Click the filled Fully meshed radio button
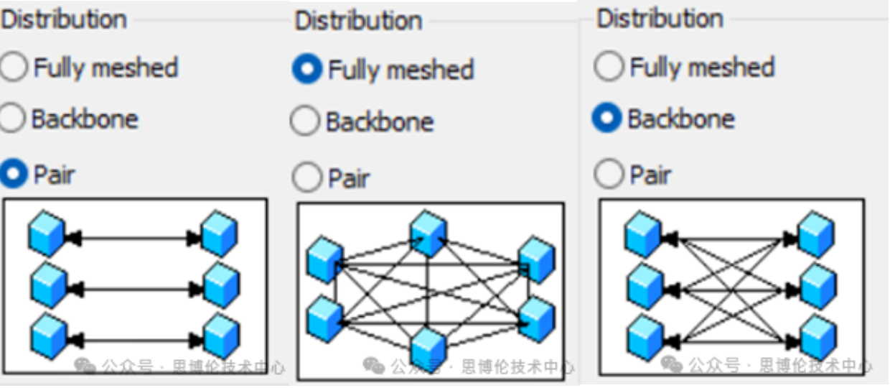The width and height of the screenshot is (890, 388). tap(307, 69)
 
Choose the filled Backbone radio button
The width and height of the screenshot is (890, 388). tap(607, 119)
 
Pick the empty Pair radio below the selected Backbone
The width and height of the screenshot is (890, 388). tap(608, 174)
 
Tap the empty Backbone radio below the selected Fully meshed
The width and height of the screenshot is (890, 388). tap(304, 121)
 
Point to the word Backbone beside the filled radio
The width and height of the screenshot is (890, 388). tap(680, 119)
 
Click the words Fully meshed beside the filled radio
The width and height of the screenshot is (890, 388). tap(400, 70)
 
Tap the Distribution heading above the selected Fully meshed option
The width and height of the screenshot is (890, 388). tap(358, 21)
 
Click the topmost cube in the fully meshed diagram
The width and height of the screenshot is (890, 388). tap(428, 232)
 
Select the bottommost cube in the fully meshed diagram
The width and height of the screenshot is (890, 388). tap(429, 349)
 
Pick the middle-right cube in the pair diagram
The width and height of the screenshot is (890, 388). tap(220, 285)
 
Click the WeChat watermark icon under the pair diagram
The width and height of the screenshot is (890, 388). tap(85, 366)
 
